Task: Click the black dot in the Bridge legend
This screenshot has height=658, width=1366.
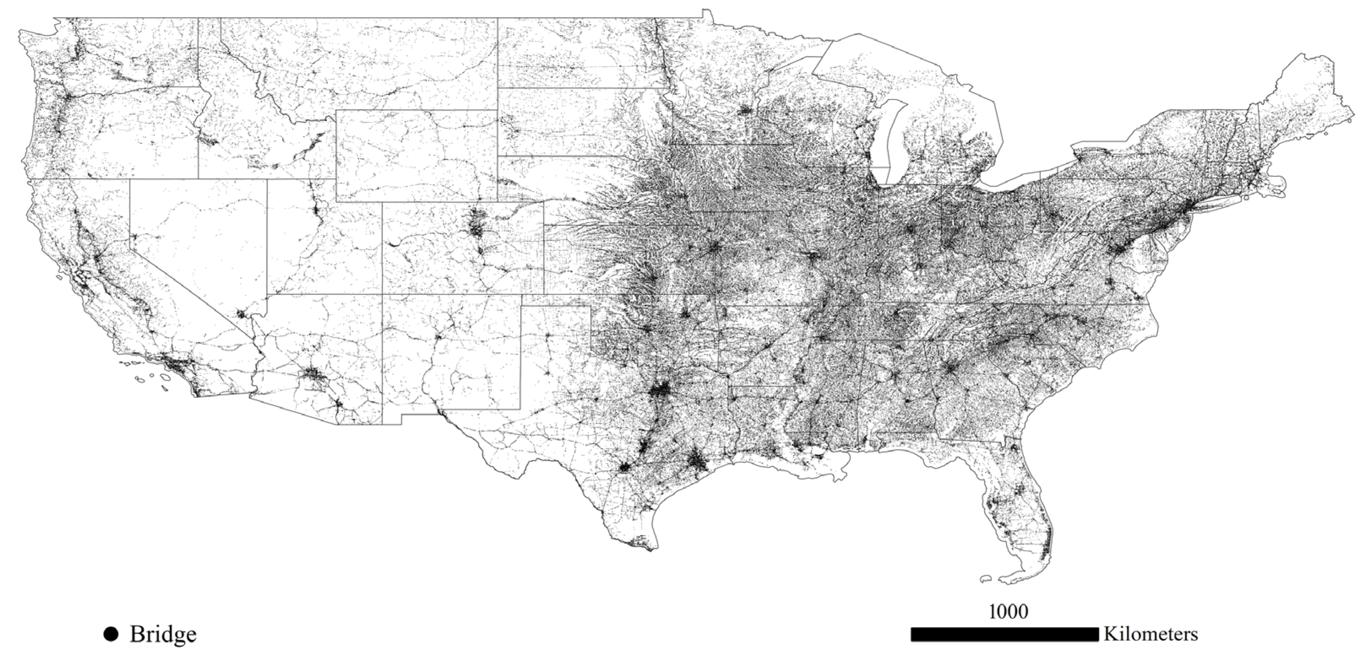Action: [x=111, y=634]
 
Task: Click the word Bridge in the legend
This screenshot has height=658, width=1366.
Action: [x=163, y=634]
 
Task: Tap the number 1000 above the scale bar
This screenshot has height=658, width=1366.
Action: [x=1008, y=611]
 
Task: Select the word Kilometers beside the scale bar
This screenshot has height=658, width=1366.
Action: [x=1151, y=634]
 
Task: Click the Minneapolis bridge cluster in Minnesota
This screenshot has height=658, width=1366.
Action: [x=745, y=110]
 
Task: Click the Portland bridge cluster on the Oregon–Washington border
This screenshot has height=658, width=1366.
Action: [x=69, y=97]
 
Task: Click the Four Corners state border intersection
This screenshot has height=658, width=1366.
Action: [x=382, y=294]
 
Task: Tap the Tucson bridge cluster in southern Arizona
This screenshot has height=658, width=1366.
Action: [x=338, y=408]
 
